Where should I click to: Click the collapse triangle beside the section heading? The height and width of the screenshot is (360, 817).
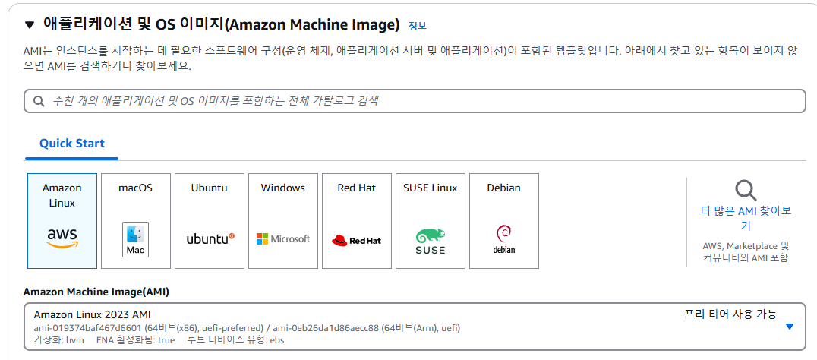click(x=30, y=25)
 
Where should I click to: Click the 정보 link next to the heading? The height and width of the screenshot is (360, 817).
click(x=417, y=26)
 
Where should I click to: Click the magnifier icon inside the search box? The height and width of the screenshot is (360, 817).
click(x=39, y=101)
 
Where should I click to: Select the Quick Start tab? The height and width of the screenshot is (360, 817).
click(x=72, y=144)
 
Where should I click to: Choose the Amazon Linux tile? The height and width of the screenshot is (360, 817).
click(x=62, y=220)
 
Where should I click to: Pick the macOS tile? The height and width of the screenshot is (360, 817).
click(x=136, y=220)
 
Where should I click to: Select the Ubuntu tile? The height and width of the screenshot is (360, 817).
click(x=210, y=220)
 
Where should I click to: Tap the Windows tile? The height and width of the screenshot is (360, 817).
click(x=283, y=220)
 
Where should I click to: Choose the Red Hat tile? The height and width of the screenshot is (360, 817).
click(x=357, y=220)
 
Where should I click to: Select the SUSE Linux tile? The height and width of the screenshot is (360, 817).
click(x=431, y=220)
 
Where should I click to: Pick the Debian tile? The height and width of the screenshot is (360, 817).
click(x=504, y=220)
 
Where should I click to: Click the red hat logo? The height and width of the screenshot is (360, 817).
click(x=340, y=240)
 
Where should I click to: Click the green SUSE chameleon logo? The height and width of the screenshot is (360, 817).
click(x=431, y=235)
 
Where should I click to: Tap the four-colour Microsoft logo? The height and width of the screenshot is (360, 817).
click(x=263, y=239)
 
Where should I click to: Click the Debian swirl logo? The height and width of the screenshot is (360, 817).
click(x=504, y=232)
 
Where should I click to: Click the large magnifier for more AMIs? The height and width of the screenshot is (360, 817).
click(x=746, y=190)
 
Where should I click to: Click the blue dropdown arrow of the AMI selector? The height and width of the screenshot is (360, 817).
click(x=790, y=326)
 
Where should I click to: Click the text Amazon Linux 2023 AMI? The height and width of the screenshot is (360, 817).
click(x=93, y=314)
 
